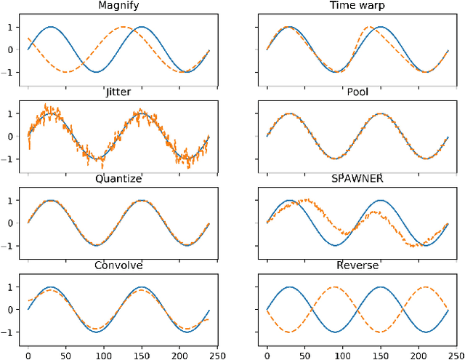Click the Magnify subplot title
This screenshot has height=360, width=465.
pos(118,7)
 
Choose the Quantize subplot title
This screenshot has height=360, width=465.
pos(118,180)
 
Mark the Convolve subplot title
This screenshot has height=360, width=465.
pos(118,265)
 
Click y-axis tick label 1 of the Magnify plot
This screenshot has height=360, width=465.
pos(9,27)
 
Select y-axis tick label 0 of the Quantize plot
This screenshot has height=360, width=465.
pos(9,223)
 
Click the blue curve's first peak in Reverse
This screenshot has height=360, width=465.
pos(290,287)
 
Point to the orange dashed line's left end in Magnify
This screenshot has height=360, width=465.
pos(28,38)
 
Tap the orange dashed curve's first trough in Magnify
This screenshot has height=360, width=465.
pos(65,72)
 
